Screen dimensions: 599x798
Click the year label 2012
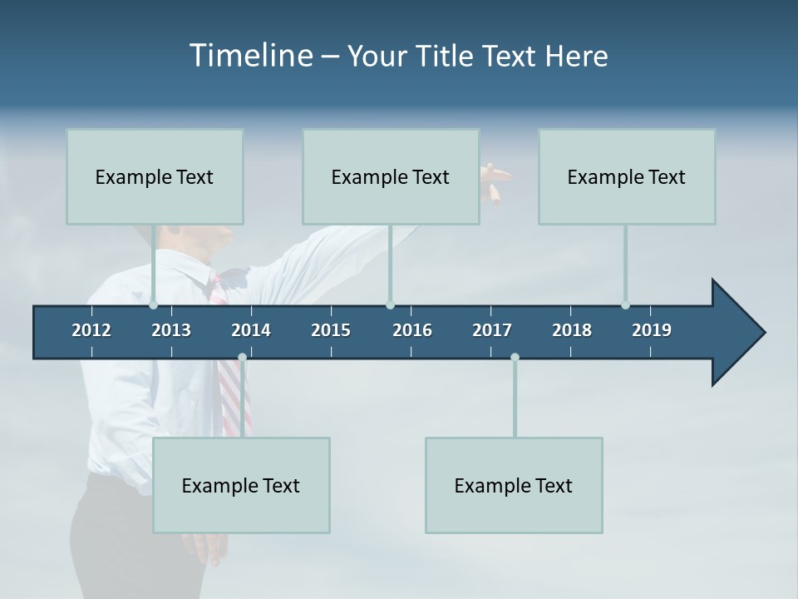[91, 330]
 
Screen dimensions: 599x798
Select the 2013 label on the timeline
[171, 330]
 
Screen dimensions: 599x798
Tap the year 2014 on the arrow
[251, 330]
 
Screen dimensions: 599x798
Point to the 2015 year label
[331, 330]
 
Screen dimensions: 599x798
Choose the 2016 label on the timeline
[412, 330]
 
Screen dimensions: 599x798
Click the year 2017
[492, 330]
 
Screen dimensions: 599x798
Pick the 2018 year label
[572, 330]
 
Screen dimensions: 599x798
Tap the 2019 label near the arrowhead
[652, 330]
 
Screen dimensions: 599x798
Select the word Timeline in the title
[250, 56]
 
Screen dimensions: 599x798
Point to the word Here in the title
[576, 56]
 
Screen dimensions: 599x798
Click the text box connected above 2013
[155, 176]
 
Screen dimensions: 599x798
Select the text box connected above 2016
[391, 176]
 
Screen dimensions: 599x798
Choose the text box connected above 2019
[627, 176]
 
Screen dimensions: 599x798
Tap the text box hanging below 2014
[241, 485]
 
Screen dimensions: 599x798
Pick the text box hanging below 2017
[514, 485]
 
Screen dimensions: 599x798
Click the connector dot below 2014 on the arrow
[242, 358]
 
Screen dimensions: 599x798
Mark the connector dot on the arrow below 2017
[515, 358]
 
